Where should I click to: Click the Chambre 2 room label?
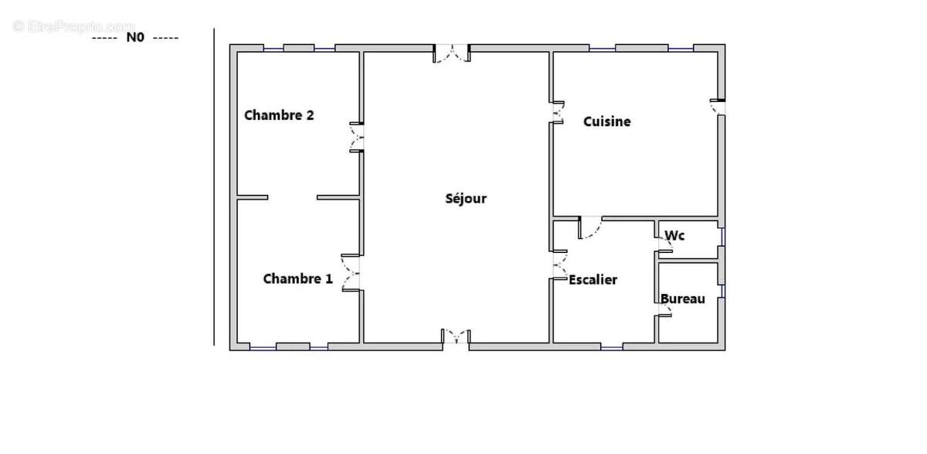tap(279, 115)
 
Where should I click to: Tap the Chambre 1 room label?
tap(298, 278)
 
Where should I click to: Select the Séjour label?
tap(466, 199)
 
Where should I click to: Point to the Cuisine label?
tap(607, 121)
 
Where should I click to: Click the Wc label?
tap(674, 236)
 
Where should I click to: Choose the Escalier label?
tap(593, 280)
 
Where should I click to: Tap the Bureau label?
tap(683, 299)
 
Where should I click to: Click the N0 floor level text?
tap(135, 37)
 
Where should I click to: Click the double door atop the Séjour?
tap(451, 53)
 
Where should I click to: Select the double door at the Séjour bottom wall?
tap(456, 336)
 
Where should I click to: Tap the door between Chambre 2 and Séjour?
tap(356, 137)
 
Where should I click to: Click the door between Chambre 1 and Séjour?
tap(351, 272)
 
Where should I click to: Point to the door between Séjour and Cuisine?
tap(559, 112)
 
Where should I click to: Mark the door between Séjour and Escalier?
tap(560, 265)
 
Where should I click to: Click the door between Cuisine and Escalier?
tap(590, 227)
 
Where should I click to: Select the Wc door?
tap(665, 244)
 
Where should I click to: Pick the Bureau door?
tap(664, 310)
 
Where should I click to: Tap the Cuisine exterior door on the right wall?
tap(718, 107)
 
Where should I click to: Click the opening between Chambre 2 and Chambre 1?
tap(292, 197)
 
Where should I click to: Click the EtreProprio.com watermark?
tap(73, 26)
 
